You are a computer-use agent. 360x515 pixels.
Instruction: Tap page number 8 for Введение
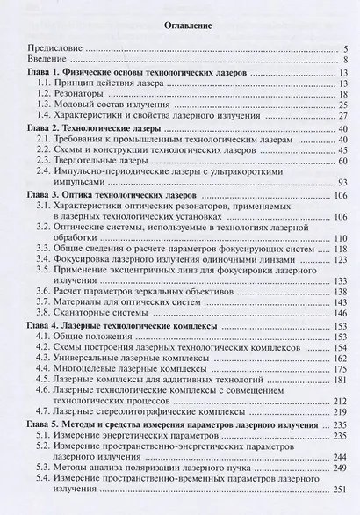click(x=347, y=59)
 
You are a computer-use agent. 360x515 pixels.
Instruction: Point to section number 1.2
click(x=44, y=94)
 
